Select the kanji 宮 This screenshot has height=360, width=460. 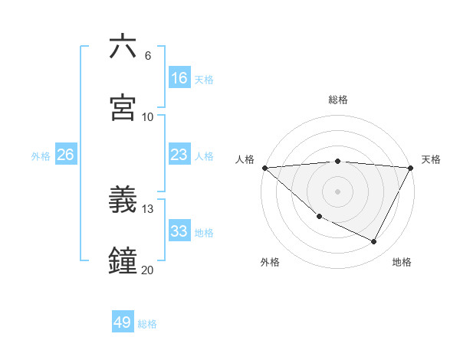(x=123, y=107)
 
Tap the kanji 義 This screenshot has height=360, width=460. (x=123, y=200)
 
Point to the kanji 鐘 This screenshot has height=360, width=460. (x=123, y=260)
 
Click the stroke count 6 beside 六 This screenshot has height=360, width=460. (x=147, y=56)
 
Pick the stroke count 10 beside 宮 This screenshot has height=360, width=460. (x=148, y=117)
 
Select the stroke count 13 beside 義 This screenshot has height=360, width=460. (x=148, y=209)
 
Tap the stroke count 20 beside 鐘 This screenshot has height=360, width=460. (x=148, y=270)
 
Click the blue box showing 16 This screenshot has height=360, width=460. (x=179, y=77)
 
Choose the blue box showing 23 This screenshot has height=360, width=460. (x=179, y=155)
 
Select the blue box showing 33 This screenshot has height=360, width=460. (x=179, y=231)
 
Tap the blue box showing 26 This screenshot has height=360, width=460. (x=65, y=155)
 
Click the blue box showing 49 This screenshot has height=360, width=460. (x=123, y=322)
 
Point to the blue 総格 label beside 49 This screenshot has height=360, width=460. (x=147, y=324)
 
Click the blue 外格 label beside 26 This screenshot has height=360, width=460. (x=41, y=156)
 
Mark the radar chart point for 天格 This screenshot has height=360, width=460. (x=411, y=168)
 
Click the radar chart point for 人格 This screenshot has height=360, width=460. (x=264, y=168)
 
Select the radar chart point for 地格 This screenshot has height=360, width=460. (x=374, y=241)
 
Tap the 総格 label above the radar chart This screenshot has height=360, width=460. (x=338, y=100)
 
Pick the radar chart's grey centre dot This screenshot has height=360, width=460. (x=338, y=191)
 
